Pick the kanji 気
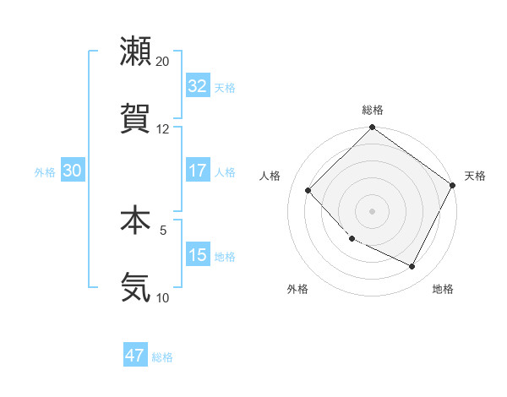click(x=135, y=287)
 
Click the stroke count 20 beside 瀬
click(x=163, y=62)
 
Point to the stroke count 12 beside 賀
click(x=163, y=129)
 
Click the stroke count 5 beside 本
click(x=163, y=229)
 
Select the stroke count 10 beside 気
click(x=163, y=297)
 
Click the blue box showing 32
click(x=197, y=86)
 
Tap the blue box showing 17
click(x=197, y=171)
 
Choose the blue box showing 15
click(x=197, y=255)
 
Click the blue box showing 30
click(x=72, y=171)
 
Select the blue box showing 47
click(x=135, y=356)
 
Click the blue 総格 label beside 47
click(x=162, y=357)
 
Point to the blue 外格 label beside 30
click(x=45, y=172)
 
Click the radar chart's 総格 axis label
click(x=373, y=110)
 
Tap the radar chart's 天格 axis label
click(x=475, y=176)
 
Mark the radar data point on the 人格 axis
click(x=308, y=190)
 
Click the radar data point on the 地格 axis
click(x=412, y=267)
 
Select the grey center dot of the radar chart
click(x=372, y=210)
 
